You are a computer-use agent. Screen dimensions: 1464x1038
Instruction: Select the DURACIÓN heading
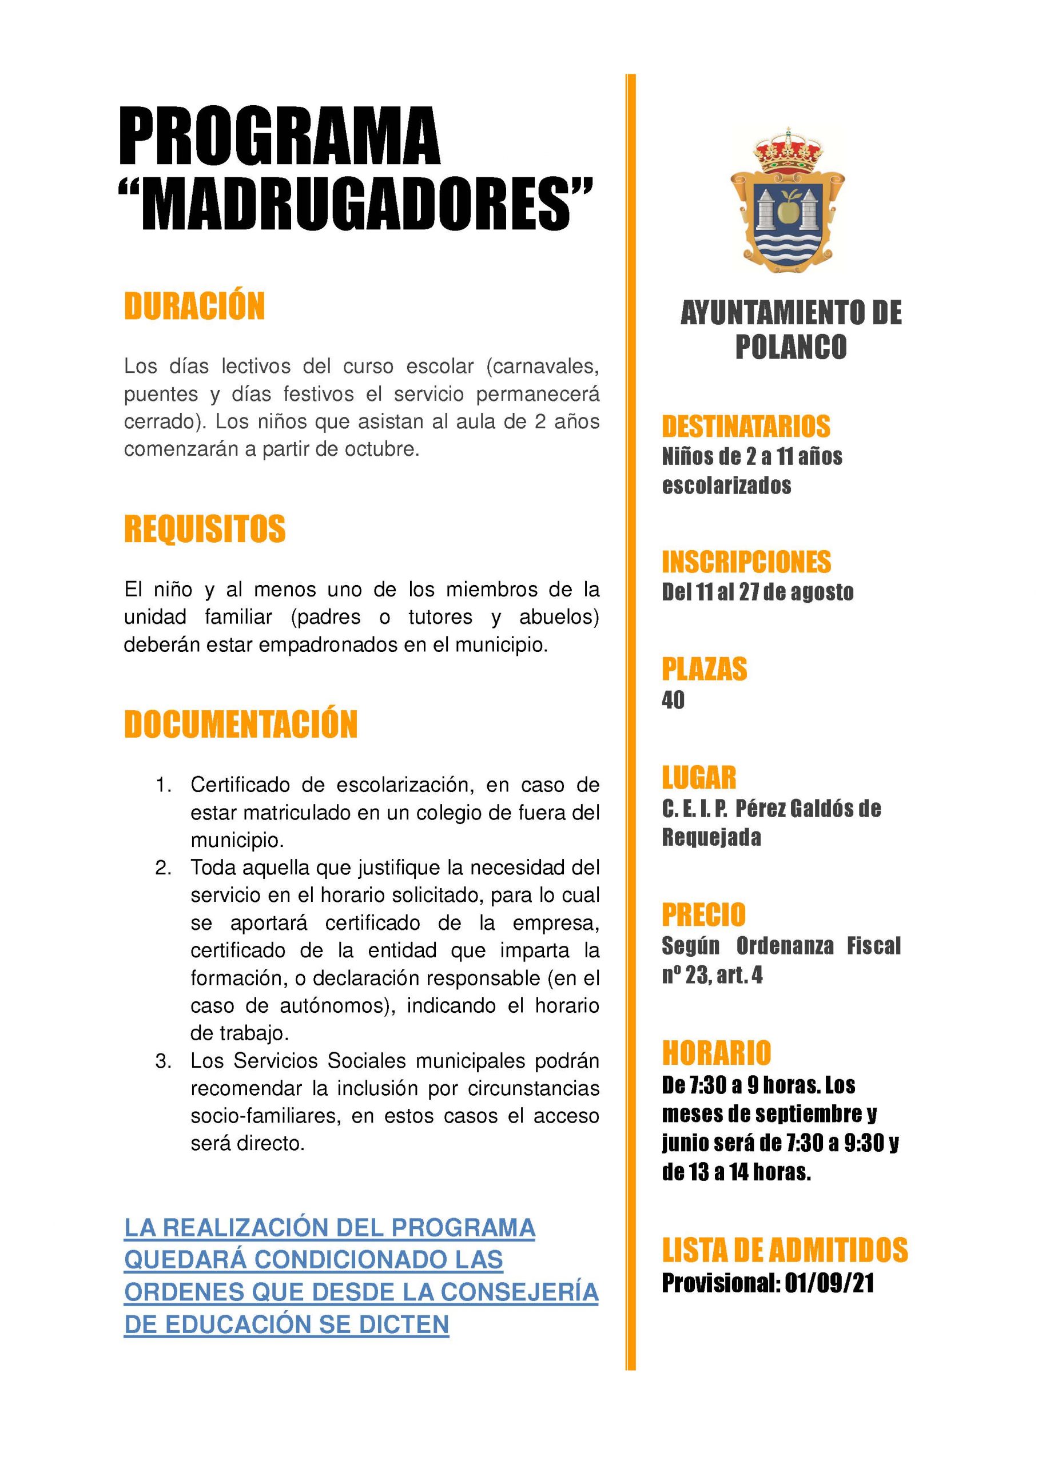[x=194, y=307]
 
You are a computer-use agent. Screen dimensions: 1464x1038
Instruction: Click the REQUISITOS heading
[x=205, y=530]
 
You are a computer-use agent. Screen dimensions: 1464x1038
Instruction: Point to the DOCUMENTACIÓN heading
[x=240, y=725]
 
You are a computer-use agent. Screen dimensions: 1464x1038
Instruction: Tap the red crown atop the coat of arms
[x=788, y=152]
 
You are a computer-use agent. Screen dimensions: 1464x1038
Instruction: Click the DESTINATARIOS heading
[x=746, y=427]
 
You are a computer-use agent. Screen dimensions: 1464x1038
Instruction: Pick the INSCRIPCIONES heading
[x=746, y=562]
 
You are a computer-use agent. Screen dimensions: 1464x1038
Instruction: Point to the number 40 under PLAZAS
[x=673, y=701]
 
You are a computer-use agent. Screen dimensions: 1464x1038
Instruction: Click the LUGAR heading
[x=699, y=778]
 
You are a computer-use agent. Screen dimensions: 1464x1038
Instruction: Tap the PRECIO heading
[x=703, y=915]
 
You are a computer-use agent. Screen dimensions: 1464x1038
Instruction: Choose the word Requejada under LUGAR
[x=711, y=838]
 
